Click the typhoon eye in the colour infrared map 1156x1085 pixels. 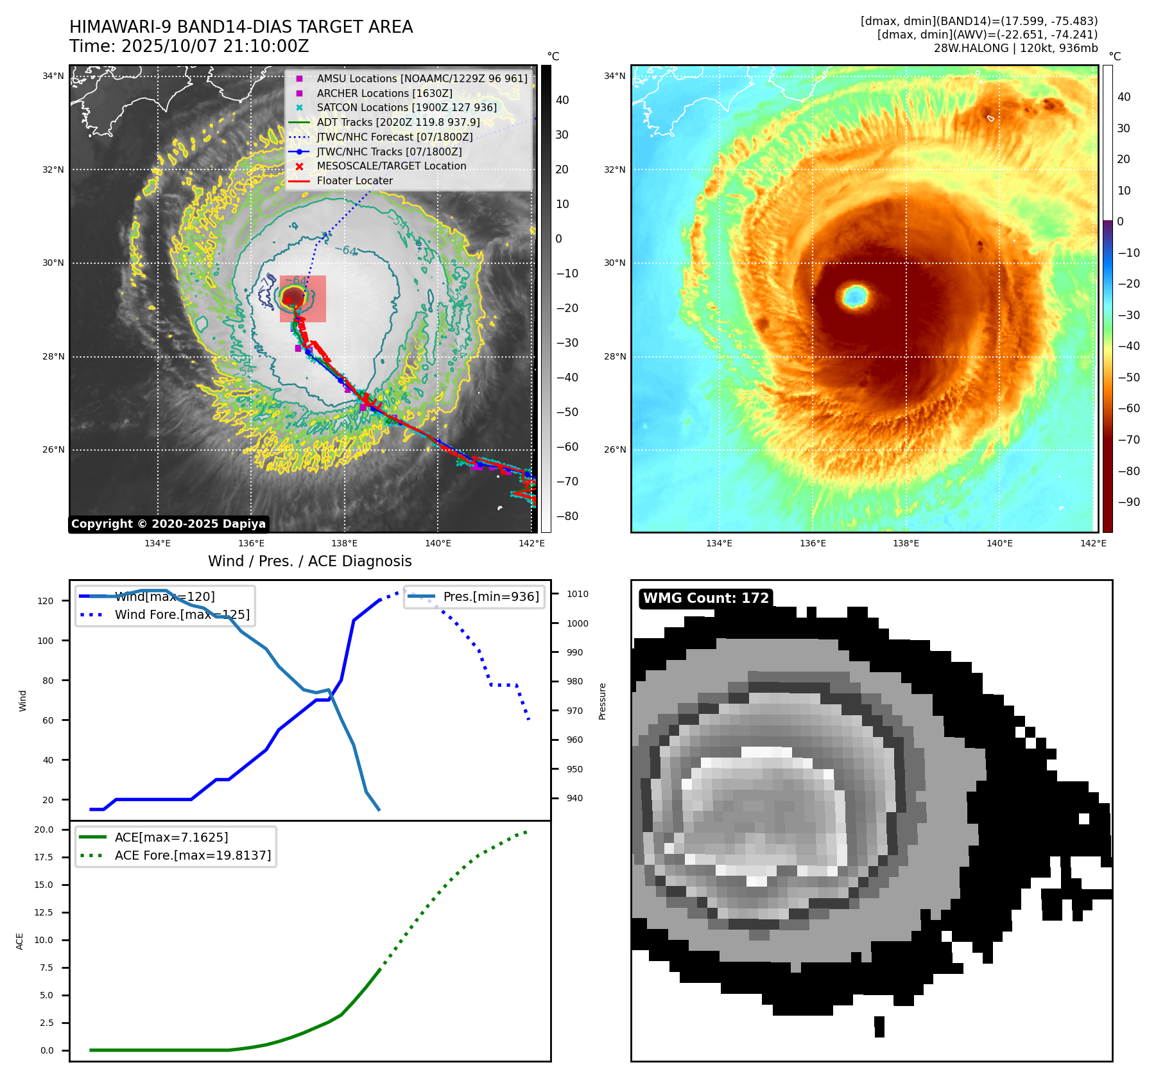[855, 296]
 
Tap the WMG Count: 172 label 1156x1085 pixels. [705, 598]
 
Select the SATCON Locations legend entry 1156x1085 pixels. [406, 108]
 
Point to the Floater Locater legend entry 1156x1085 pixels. [354, 181]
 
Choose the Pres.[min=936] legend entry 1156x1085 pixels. [491, 597]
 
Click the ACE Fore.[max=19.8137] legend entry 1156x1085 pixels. [193, 856]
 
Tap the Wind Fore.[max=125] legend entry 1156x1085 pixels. [182, 615]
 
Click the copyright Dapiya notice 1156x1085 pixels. [168, 524]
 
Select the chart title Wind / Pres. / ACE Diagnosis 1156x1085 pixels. [309, 562]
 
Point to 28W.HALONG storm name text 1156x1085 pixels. [963, 48]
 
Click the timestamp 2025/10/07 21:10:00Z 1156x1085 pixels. [214, 47]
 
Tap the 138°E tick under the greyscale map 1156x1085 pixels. [345, 544]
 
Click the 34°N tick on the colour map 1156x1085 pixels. [614, 76]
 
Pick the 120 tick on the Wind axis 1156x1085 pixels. [46, 602]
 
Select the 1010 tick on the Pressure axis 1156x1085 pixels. [578, 595]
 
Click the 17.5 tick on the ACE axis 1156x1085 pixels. [44, 858]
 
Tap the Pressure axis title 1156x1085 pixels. [603, 701]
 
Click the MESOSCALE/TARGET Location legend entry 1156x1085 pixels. [391, 166]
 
